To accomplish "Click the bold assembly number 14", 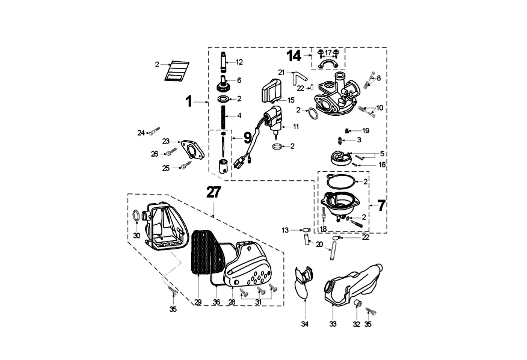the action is (294, 56).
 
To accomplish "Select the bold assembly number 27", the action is (214, 192).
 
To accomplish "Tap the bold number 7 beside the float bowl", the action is (382, 206).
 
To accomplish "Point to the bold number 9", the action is (247, 138).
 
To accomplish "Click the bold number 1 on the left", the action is (189, 101).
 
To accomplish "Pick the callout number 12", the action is (239, 62).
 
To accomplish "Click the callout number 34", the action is (305, 324).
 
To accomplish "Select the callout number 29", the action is (198, 302).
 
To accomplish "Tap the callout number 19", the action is (366, 131).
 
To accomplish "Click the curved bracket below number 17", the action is (328, 64).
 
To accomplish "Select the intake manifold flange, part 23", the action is (192, 150).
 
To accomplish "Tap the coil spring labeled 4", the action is (223, 117).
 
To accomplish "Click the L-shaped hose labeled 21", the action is (300, 78).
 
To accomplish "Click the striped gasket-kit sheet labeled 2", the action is (177, 71).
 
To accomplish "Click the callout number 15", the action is (291, 100).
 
